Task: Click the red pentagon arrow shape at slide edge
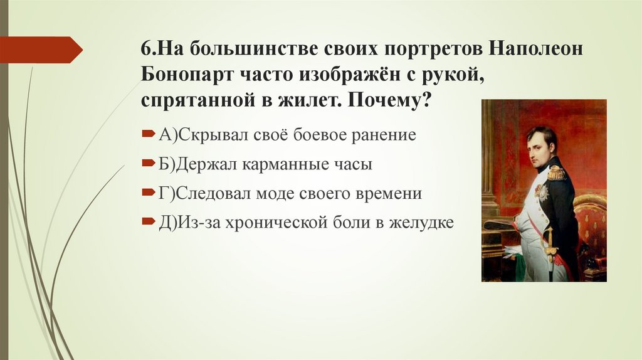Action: point(41,50)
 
